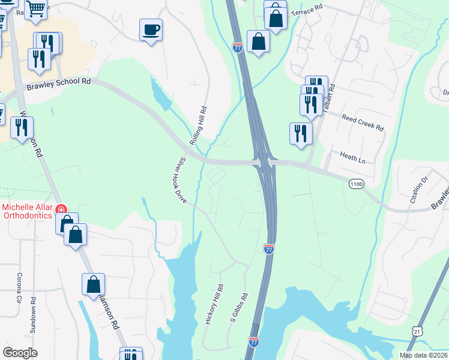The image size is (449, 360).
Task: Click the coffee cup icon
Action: [x=151, y=29]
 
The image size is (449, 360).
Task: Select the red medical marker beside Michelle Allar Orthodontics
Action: [x=61, y=209]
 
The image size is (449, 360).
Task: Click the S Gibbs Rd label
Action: [x=240, y=308]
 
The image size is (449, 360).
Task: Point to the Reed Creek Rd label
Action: [x=363, y=122]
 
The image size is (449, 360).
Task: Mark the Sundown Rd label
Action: [x=33, y=315]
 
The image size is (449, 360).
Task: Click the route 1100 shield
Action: [x=355, y=185]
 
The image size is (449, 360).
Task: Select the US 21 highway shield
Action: [x=418, y=331]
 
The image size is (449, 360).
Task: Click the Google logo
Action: [x=20, y=352]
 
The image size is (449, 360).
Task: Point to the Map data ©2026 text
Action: [x=423, y=355]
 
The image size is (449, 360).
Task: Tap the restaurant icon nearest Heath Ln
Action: [x=300, y=134]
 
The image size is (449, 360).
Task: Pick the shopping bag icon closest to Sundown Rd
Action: [x=76, y=235]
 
